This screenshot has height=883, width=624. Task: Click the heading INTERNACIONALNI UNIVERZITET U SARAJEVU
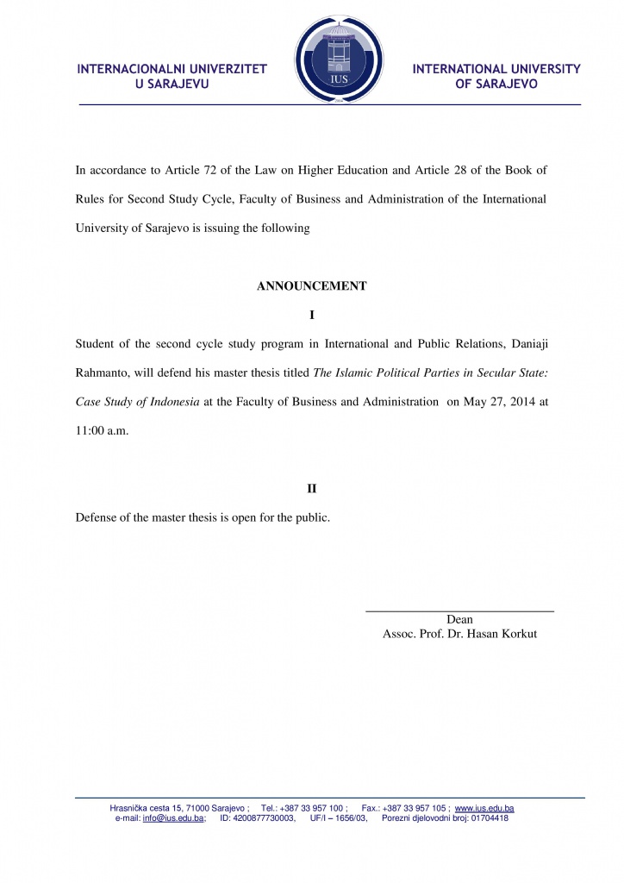(172, 76)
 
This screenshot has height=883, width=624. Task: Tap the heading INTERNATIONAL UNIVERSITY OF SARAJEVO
(496, 76)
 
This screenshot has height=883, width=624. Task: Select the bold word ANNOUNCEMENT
(312, 286)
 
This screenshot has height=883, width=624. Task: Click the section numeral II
(312, 489)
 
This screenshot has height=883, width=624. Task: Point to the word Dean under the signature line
(459, 619)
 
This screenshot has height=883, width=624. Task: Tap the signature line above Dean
(459, 611)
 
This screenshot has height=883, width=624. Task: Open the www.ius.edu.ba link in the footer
(484, 808)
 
